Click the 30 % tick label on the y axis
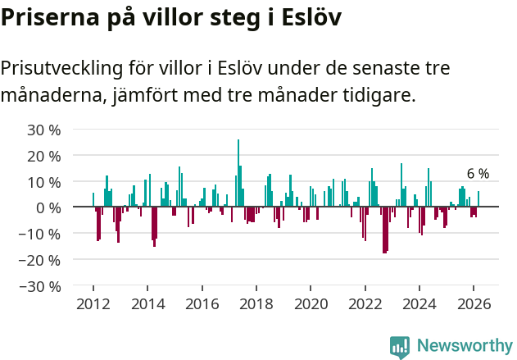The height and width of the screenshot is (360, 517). (44, 130)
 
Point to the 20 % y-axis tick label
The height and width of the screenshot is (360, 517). (44, 156)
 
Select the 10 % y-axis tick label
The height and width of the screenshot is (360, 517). (44, 182)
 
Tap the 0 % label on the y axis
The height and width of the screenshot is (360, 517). (48, 207)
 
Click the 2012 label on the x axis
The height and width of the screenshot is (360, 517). (93, 304)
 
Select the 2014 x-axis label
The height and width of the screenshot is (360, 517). (147, 304)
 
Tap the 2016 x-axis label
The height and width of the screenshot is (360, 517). (202, 304)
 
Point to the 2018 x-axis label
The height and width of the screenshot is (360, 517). (256, 304)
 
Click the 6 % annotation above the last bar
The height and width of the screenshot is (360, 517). (478, 174)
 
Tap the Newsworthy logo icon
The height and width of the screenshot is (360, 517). (400, 346)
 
